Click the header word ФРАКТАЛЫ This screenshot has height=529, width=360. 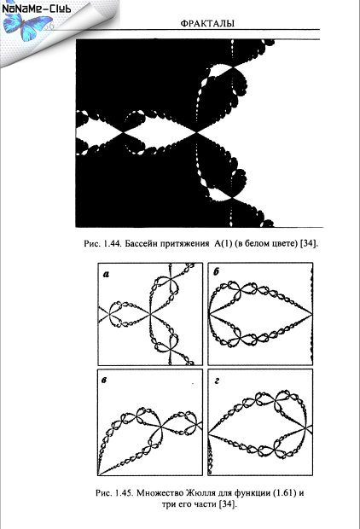click(x=207, y=24)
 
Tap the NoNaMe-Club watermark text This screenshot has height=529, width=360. click(x=37, y=8)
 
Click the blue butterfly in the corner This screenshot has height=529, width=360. click(x=25, y=26)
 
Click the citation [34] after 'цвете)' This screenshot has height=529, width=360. click(x=310, y=243)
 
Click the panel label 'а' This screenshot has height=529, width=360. click(x=107, y=275)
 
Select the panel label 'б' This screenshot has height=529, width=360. click(x=217, y=272)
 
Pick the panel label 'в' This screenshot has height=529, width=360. click(x=104, y=381)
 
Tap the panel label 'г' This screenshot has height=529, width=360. click(x=217, y=381)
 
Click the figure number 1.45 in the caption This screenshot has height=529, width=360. click(x=123, y=493)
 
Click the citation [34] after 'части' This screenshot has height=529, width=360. click(x=228, y=504)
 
